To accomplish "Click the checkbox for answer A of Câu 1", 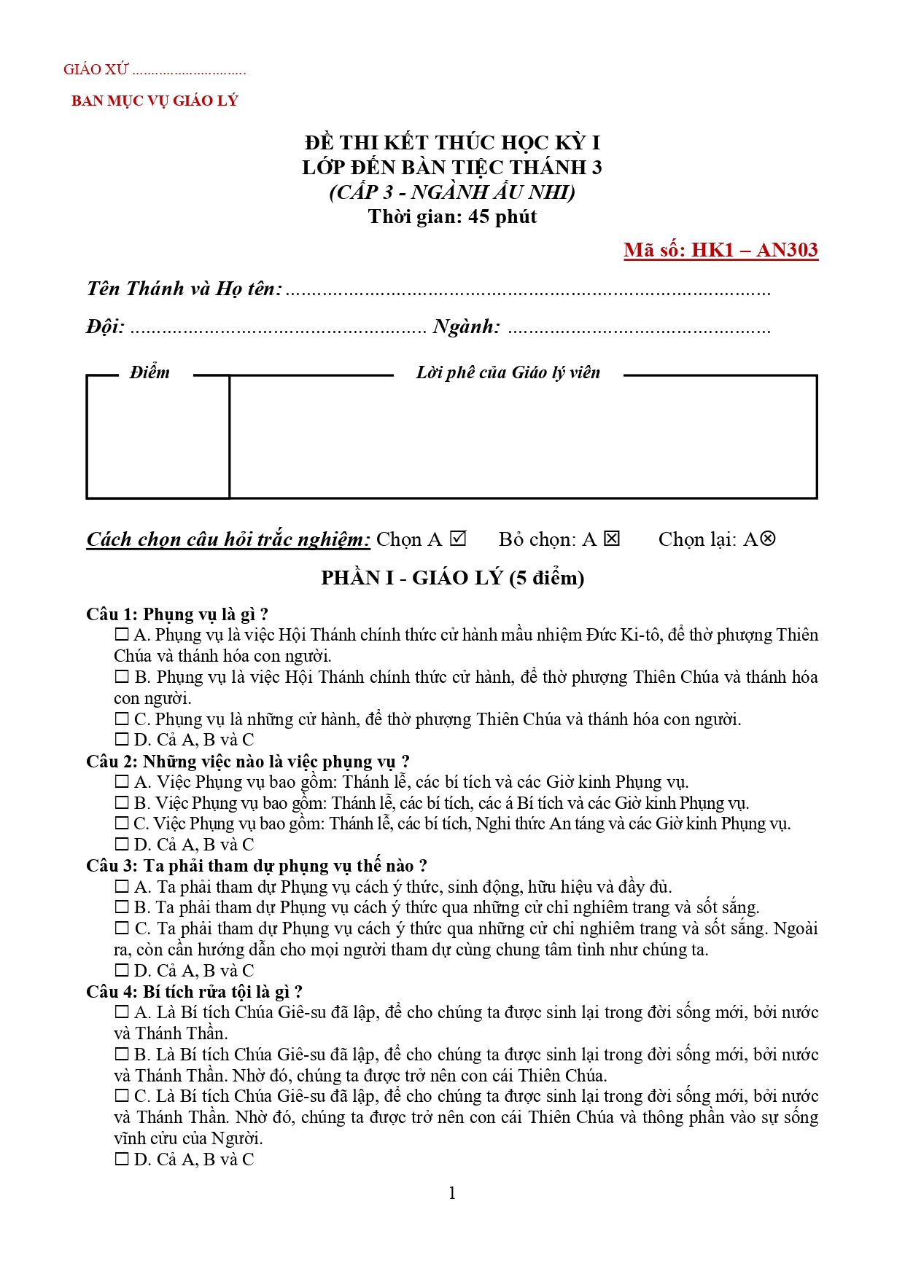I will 122,635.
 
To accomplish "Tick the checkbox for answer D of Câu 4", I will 122,1159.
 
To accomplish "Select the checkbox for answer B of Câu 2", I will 122,803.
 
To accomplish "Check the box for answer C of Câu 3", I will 122,928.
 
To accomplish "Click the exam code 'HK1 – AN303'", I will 754,250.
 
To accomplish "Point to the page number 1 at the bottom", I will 452,1193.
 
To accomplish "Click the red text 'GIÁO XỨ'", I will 96,70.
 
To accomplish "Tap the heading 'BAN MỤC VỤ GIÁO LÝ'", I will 155,101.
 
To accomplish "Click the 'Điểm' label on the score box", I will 149,373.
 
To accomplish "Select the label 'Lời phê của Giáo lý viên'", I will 508,373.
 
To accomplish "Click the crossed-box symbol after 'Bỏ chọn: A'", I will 612,539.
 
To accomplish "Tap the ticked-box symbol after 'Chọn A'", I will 458,539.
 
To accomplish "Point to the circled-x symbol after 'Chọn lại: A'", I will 767,539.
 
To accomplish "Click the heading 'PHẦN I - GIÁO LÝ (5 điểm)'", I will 452,578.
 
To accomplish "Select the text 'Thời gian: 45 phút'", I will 452,217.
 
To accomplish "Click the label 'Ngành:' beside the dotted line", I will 467,326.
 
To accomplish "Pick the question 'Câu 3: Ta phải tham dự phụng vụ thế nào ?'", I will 256,866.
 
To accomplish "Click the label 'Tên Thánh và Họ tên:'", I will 184,289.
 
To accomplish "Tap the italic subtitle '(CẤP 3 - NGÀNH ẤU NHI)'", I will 452,192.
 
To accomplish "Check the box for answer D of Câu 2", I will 122,845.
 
